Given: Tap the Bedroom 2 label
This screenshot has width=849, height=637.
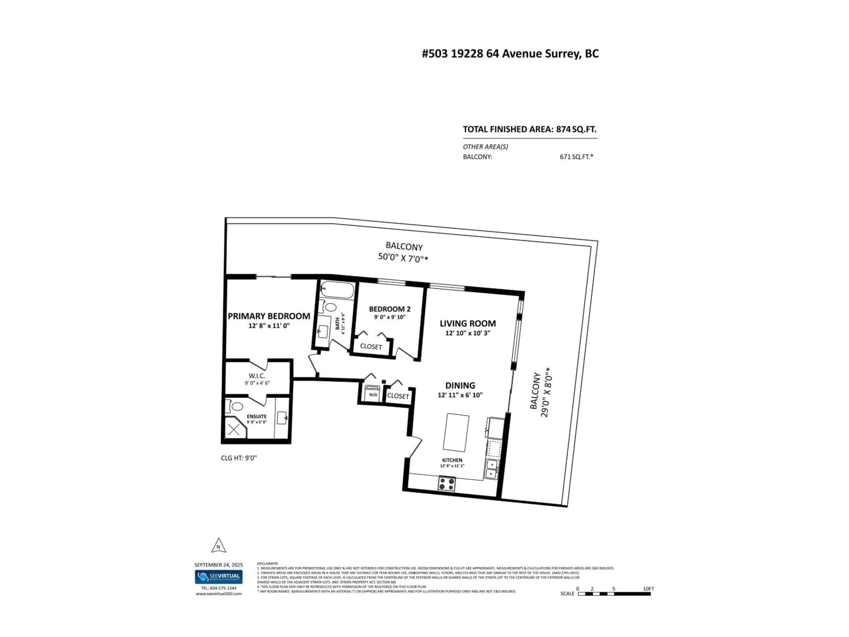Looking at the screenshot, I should pyautogui.click(x=390, y=309).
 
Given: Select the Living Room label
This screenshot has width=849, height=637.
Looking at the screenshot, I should pyautogui.click(x=467, y=324).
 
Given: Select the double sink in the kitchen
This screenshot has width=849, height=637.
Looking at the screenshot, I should pyautogui.click(x=491, y=469).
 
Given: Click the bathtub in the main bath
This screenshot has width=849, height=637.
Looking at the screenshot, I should pyautogui.click(x=337, y=290).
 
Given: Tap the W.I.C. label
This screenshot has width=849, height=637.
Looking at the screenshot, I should pyautogui.click(x=257, y=376).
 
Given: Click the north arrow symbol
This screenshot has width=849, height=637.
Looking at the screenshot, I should pyautogui.click(x=218, y=546).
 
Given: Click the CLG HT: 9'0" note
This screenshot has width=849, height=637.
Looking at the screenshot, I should pyautogui.click(x=238, y=458).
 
